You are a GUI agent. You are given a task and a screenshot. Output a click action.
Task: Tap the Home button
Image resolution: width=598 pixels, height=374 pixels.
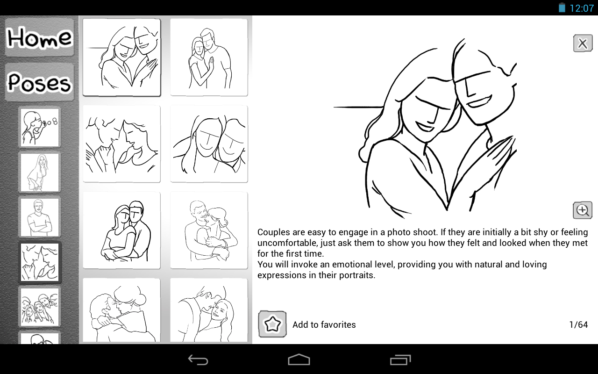[x=40, y=37]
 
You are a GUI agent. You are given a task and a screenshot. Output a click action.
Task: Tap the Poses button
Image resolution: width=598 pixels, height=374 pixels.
[x=40, y=82]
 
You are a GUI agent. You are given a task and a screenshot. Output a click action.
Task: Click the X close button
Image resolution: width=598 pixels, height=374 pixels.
[x=583, y=43]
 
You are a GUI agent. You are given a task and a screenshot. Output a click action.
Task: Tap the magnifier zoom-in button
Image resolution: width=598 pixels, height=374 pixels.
[x=583, y=210]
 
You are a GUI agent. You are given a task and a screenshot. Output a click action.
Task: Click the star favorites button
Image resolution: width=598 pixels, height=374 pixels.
[x=272, y=324]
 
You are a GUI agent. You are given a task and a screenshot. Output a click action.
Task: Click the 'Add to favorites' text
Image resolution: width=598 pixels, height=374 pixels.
[x=324, y=324]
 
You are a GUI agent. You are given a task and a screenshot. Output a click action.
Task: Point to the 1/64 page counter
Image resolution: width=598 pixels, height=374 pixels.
[x=578, y=324]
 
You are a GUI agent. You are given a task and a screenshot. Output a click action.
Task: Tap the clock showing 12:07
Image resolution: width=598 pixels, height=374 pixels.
[x=582, y=8]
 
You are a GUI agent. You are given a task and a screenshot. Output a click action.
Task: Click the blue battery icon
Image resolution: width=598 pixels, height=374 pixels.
[x=562, y=7]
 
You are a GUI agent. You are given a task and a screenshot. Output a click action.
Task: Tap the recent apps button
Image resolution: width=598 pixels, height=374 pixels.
[x=400, y=360]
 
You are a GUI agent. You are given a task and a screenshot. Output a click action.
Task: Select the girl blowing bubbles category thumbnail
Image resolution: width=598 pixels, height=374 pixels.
[x=40, y=128]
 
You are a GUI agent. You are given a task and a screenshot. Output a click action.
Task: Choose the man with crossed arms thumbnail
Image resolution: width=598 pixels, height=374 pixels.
[x=40, y=217]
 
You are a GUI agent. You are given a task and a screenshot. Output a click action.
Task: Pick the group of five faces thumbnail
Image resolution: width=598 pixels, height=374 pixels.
[x=40, y=307]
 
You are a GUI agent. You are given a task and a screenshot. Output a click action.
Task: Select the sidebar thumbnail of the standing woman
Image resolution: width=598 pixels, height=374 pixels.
[x=40, y=173]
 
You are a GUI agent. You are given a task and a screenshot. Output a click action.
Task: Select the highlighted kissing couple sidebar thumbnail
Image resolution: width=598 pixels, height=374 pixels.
[x=40, y=262]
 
